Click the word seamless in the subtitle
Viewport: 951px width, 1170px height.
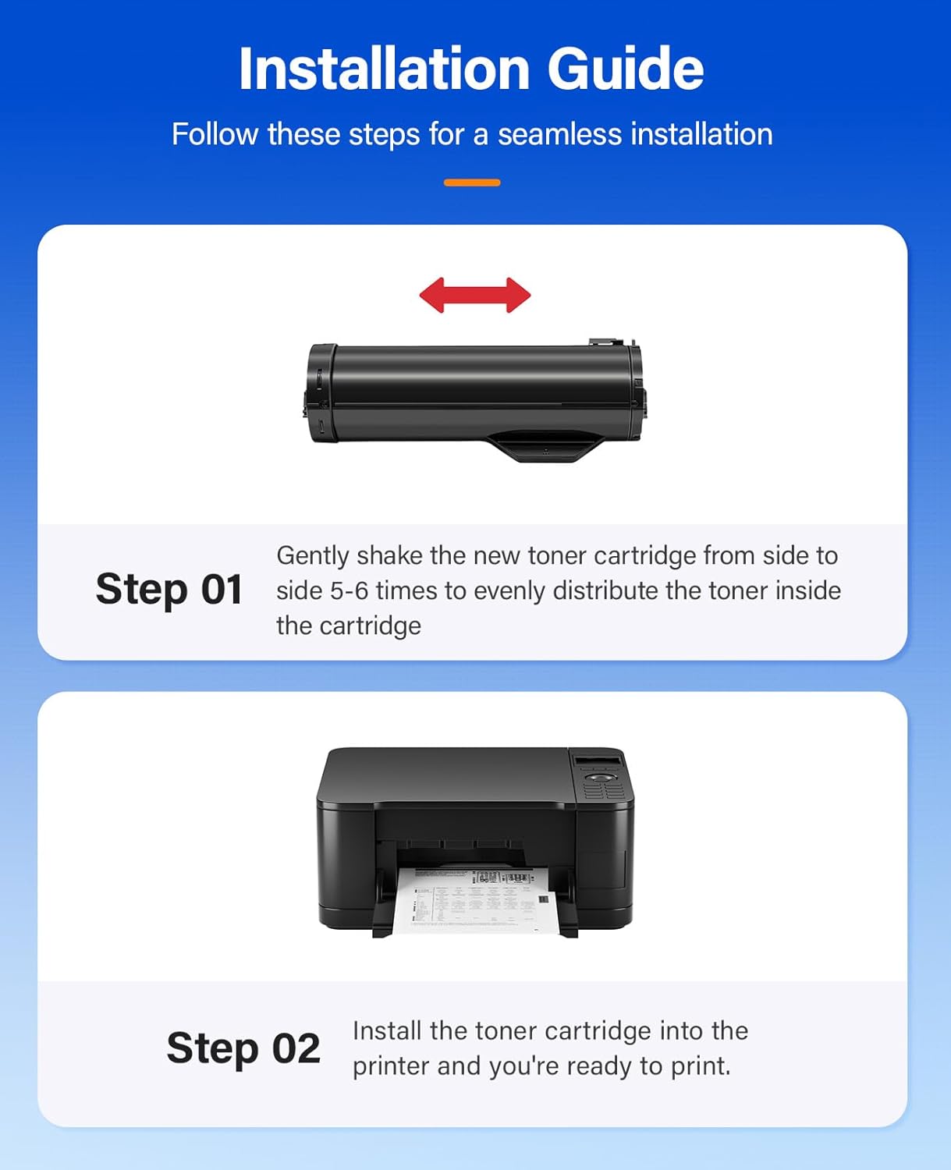click(x=559, y=134)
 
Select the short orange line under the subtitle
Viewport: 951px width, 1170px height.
click(x=472, y=183)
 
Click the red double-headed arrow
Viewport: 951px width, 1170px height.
click(x=475, y=296)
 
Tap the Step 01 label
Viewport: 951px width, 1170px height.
click(x=169, y=589)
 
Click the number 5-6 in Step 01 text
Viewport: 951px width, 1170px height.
click(x=349, y=590)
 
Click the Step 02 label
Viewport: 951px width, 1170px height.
click(x=243, y=1048)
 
